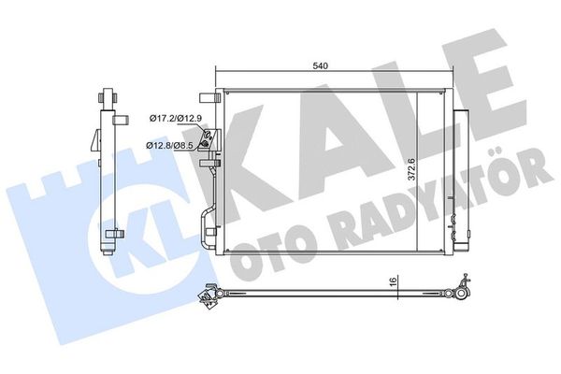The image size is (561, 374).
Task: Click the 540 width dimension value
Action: [320, 65]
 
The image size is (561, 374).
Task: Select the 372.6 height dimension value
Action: [411, 169]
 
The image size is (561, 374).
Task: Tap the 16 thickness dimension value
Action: [394, 281]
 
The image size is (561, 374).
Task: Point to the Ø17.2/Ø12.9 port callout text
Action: [176, 118]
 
